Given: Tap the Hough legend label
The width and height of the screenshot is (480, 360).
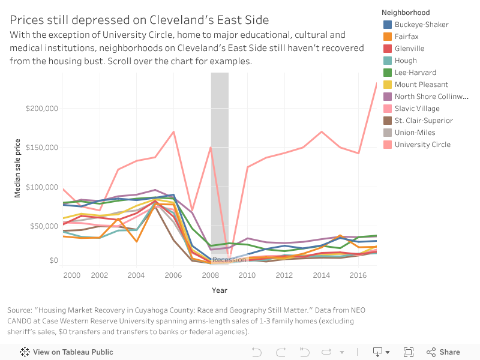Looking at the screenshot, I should click(x=406, y=61).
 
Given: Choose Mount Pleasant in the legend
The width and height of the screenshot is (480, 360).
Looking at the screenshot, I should click(x=421, y=85).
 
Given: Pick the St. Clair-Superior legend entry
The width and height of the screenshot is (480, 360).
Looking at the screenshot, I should click(x=424, y=121).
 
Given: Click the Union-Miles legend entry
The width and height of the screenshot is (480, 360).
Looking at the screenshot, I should click(x=415, y=133).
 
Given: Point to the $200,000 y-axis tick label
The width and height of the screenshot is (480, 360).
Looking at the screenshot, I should click(x=41, y=109).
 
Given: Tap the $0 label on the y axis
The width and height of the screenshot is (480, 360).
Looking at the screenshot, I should click(x=53, y=260).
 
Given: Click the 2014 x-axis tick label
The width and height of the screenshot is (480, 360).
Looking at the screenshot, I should click(x=322, y=275).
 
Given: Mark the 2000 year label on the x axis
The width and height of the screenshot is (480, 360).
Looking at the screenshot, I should click(x=71, y=275).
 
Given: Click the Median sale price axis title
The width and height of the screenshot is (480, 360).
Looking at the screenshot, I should click(x=18, y=169).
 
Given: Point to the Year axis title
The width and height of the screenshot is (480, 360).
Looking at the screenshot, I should click(x=220, y=290).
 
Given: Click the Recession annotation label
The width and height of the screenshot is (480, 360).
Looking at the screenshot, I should click(x=229, y=260).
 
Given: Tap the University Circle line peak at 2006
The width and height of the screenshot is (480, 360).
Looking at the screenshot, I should click(x=174, y=131).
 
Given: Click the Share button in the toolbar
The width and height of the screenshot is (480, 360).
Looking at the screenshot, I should click(x=443, y=352).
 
